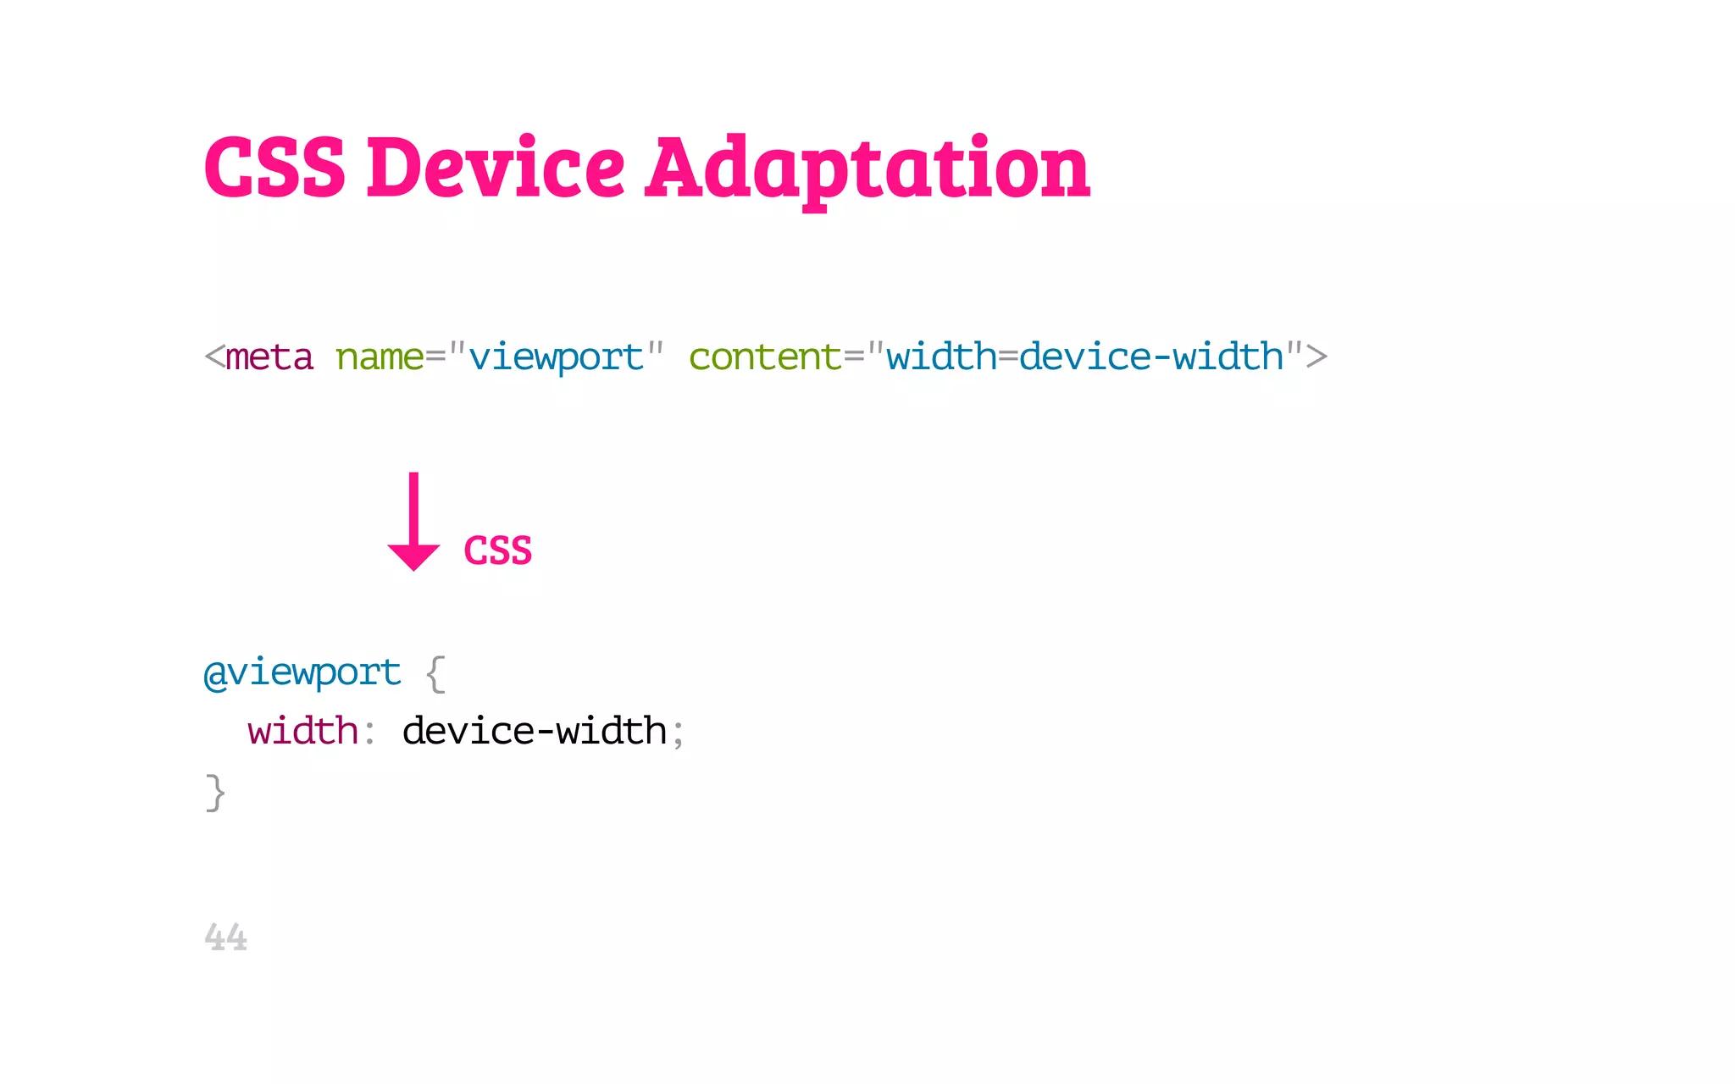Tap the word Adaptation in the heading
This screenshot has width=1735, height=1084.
point(867,169)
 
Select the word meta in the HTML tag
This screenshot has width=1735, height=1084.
point(269,357)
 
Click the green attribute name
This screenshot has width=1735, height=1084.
point(379,357)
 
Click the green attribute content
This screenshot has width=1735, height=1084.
point(765,357)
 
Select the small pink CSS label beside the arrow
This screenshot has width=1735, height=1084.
point(498,550)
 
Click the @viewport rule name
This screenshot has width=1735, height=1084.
point(302,674)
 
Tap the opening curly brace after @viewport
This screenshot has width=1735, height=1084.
point(435,674)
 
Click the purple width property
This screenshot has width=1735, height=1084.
point(302,732)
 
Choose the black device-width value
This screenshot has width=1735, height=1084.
point(535,732)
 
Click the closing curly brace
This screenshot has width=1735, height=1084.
point(215,793)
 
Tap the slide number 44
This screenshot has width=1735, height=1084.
point(225,937)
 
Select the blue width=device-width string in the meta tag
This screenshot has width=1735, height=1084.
point(1085,357)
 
